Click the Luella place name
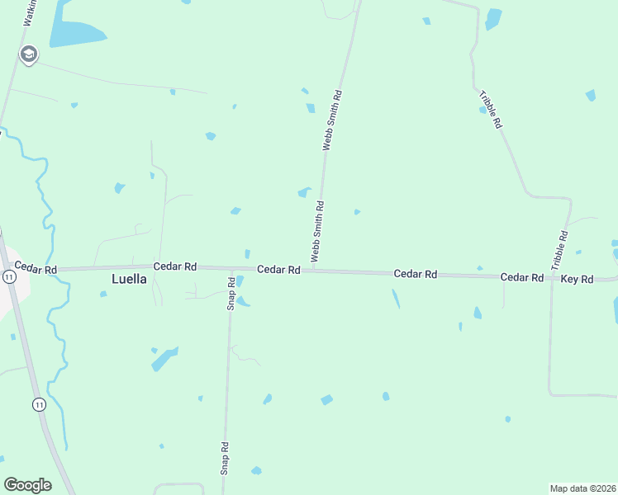click(129, 279)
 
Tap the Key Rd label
click(577, 280)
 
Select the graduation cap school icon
click(29, 54)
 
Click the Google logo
click(27, 485)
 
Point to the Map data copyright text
click(582, 488)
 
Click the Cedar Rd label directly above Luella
click(174, 266)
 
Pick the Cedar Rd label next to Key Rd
click(521, 278)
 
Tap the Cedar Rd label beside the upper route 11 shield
click(35, 269)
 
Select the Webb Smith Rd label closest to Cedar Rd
click(316, 232)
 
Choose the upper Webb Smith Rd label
click(331, 120)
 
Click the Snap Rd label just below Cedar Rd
click(232, 292)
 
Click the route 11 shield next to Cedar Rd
click(8, 278)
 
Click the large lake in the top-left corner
click(73, 31)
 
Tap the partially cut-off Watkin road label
click(30, 12)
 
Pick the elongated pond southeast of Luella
click(164, 360)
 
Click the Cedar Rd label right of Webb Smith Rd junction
click(415, 273)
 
